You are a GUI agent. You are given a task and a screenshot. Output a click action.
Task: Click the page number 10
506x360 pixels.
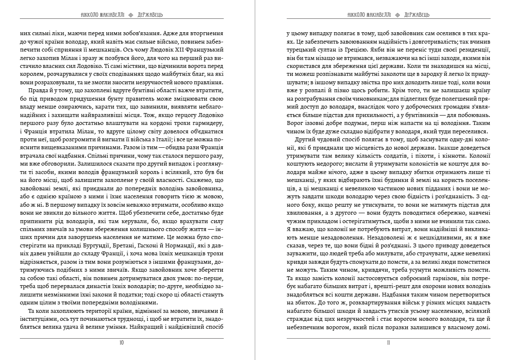pos(122,342)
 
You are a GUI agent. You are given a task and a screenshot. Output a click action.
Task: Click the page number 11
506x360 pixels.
pos(388,342)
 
